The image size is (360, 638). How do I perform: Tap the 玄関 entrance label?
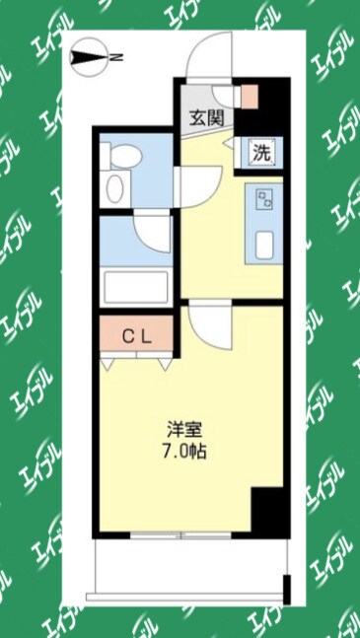[207, 116]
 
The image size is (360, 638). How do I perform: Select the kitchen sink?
[263, 244]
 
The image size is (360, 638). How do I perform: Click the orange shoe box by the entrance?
[250, 97]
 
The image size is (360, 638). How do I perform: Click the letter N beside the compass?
[115, 57]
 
